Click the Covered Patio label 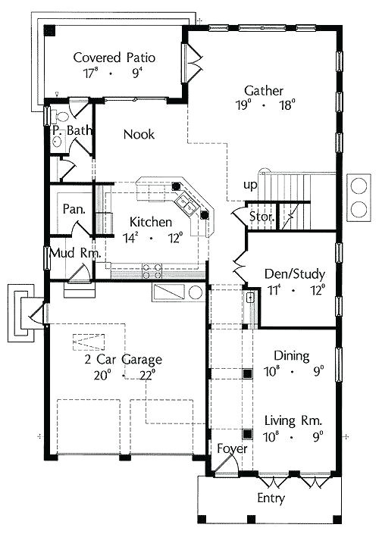[x=115, y=58]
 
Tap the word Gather [x=264, y=90]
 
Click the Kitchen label [x=150, y=222]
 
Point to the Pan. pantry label [x=73, y=208]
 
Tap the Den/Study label [x=294, y=273]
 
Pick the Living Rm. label [x=294, y=420]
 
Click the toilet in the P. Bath [x=61, y=117]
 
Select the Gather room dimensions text [x=264, y=105]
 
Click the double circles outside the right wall [x=357, y=196]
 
